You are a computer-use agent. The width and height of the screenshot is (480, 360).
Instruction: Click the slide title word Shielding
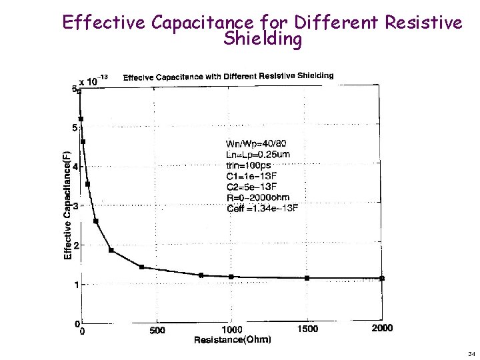pyautogui.click(x=263, y=39)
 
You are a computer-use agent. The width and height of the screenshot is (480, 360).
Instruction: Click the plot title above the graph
pyautogui.click(x=229, y=76)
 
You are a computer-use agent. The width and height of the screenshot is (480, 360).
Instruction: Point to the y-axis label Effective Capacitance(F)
pyautogui.click(x=67, y=204)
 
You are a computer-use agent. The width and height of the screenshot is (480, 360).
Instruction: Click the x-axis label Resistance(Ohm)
pyautogui.click(x=233, y=340)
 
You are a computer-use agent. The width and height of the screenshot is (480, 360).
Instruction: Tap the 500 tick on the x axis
pyautogui.click(x=157, y=330)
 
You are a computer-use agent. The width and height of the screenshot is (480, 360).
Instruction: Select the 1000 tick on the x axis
pyautogui.click(x=232, y=329)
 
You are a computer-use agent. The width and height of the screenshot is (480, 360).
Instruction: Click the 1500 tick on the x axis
pyautogui.click(x=307, y=329)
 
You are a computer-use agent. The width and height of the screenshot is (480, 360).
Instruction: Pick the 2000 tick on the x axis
pyautogui.click(x=382, y=328)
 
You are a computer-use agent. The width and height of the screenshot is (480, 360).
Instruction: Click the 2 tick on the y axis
pyautogui.click(x=76, y=245)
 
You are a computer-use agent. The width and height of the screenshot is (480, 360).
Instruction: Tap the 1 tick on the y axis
pyautogui.click(x=76, y=285)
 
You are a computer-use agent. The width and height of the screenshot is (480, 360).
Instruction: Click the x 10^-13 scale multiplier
pyautogui.click(x=94, y=81)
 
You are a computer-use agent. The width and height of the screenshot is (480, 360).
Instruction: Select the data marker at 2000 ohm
pyautogui.click(x=382, y=278)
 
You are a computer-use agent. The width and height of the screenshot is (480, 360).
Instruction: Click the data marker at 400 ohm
pyautogui.click(x=141, y=267)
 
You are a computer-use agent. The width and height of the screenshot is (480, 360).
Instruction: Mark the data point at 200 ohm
pyautogui.click(x=111, y=250)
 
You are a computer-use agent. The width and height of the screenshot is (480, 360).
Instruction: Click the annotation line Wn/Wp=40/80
pyautogui.click(x=257, y=143)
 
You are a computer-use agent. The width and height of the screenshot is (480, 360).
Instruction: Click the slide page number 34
pyautogui.click(x=471, y=353)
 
